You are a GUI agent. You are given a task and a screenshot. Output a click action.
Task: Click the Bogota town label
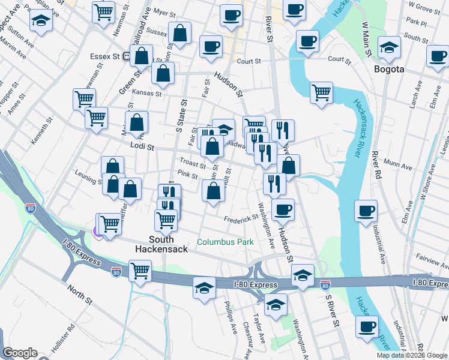389,69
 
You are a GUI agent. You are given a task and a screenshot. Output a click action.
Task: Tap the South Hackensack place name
154,243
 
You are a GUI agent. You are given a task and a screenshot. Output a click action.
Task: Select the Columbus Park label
225,242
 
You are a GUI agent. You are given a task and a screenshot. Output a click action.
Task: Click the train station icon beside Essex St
127,56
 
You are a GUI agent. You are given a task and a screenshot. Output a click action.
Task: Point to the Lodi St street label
142,146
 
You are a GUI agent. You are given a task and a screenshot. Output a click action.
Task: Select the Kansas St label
147,94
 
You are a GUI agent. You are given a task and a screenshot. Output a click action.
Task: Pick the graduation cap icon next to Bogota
389,47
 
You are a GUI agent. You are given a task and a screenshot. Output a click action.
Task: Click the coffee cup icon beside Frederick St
283,209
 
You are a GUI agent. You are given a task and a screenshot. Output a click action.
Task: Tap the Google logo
19,353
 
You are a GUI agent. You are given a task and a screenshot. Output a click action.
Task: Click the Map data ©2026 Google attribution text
412,355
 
